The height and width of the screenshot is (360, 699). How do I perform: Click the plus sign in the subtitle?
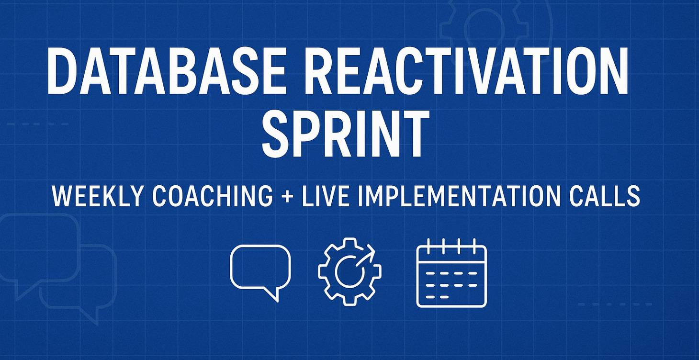pos(287,196)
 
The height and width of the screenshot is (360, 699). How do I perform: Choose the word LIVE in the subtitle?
pos(326,196)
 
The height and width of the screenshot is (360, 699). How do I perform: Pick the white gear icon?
pos(349,271)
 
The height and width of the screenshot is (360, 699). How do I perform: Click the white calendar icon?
pos(451,273)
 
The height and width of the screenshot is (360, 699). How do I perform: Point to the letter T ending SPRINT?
pos(413,134)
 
